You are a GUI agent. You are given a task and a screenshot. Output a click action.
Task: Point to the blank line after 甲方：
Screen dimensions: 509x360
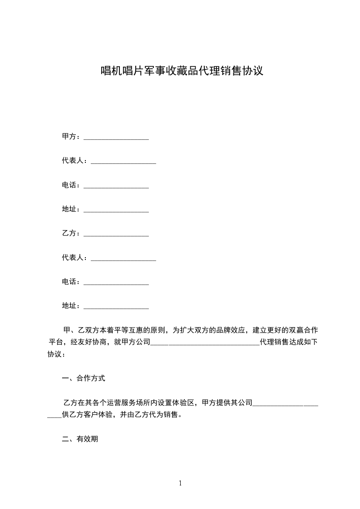(116, 137)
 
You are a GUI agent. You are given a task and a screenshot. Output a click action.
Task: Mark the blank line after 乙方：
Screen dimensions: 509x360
(116, 234)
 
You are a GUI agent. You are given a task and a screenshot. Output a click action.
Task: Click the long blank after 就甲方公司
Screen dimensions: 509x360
(205, 343)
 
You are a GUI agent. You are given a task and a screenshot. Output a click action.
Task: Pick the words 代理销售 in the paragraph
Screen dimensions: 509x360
(274, 342)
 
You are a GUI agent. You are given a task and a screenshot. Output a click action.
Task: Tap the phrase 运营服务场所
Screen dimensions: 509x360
(128, 402)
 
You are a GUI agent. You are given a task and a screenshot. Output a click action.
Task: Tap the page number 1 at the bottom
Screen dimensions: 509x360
(180, 483)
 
